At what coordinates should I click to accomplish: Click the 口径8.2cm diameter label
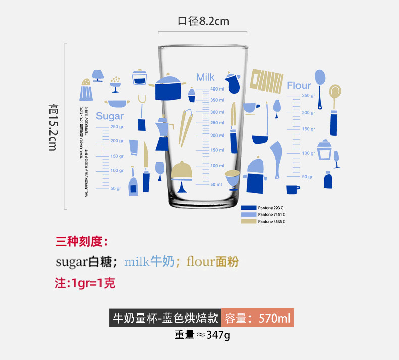[x=203, y=21]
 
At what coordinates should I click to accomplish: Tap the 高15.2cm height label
[x=54, y=126]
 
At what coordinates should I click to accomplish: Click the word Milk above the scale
[x=205, y=77]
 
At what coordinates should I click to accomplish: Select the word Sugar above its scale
[x=110, y=116]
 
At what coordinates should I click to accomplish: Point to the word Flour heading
[x=299, y=85]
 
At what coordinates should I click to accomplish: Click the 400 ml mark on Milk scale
[x=217, y=89]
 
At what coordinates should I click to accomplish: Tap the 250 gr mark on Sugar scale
[x=117, y=127]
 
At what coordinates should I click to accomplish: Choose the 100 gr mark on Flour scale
[x=308, y=153]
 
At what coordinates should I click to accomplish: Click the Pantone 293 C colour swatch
[x=249, y=208]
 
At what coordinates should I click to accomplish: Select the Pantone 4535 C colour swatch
[x=249, y=221]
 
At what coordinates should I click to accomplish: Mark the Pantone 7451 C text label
[x=272, y=215]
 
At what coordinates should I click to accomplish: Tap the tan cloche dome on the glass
[x=182, y=170]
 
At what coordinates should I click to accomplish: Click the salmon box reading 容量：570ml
[x=258, y=319]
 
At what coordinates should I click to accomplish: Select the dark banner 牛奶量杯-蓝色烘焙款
[x=165, y=319]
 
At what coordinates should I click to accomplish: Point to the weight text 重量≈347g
[x=202, y=335]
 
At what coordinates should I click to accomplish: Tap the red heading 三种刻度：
[x=81, y=241]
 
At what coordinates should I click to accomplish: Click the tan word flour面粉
[x=213, y=262]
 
